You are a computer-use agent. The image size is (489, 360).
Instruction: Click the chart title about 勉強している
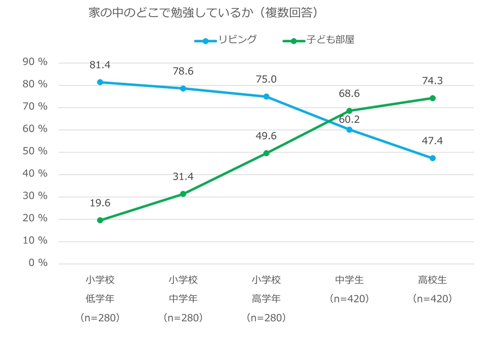pos(204,13)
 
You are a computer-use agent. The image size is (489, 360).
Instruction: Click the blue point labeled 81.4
pos(100,82)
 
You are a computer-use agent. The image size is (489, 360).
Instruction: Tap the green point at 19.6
pos(100,220)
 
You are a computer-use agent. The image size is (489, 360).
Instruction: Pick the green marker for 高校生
pos(432,98)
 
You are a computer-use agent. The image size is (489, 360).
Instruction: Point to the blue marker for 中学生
pos(349,130)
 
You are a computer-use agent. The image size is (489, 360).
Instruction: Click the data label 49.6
pos(266,136)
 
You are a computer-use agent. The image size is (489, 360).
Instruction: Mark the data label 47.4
pos(432,141)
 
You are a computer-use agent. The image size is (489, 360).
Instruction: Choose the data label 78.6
pos(183,71)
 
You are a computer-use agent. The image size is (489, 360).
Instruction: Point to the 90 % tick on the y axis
pos(35,62)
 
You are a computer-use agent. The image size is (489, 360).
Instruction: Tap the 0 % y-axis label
pos(38,263)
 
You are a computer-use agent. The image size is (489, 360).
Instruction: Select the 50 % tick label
pos(35,151)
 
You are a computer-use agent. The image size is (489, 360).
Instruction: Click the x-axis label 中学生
pos(349,280)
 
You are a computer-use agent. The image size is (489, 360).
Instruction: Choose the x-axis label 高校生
pos(432,280)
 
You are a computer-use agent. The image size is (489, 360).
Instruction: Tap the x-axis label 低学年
pos(100,299)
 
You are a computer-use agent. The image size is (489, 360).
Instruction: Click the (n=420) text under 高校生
pos(432,299)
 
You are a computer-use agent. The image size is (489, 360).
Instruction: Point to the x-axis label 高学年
pos(266,299)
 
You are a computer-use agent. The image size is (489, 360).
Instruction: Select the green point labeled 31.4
pos(183,194)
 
